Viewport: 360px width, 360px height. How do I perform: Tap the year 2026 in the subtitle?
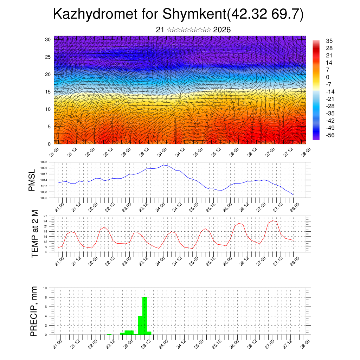(x=222, y=30)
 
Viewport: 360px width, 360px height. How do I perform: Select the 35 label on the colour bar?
(x=329, y=41)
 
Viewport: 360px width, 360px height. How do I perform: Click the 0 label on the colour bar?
(x=328, y=77)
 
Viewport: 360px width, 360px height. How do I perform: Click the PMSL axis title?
(x=32, y=180)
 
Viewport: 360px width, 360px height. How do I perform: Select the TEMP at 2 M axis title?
(x=34, y=233)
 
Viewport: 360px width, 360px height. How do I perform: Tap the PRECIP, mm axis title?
(x=34, y=311)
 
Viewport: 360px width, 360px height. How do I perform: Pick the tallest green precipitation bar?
(x=144, y=316)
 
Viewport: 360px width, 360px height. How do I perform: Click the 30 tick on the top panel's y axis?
(x=48, y=39)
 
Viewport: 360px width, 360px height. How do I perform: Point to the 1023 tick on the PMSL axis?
(x=44, y=162)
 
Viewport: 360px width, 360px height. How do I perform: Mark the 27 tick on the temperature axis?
(x=45, y=216)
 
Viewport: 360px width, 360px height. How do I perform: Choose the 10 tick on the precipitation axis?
(x=45, y=288)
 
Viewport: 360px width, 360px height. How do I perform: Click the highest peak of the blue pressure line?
(x=163, y=165)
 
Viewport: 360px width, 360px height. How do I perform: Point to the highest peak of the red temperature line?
(x=273, y=221)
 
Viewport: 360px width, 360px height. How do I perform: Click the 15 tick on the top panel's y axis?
(x=48, y=92)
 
